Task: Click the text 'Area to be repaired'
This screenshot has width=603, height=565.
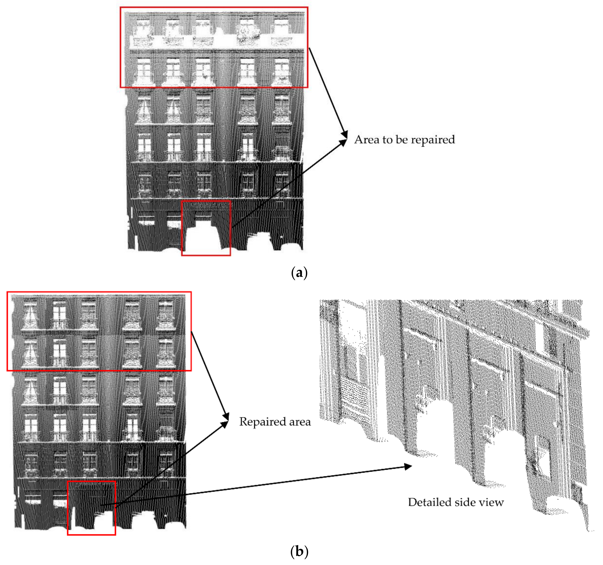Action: (x=404, y=139)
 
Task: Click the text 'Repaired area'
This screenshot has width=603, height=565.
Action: (x=275, y=422)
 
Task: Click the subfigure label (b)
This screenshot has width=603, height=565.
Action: (x=299, y=551)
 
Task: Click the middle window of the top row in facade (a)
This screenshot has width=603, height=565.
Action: (x=203, y=27)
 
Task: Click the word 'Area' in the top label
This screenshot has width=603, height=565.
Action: (x=367, y=139)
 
